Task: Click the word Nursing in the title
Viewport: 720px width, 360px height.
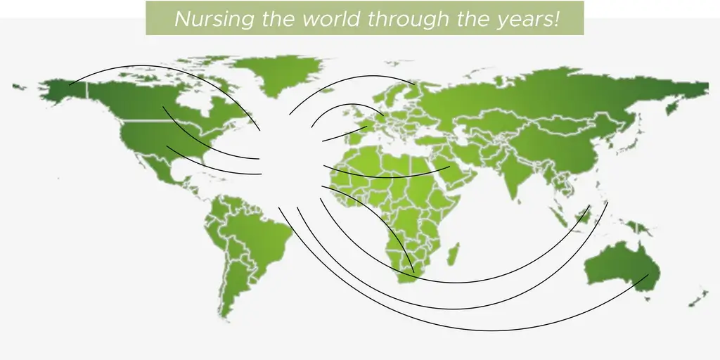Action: point(214,19)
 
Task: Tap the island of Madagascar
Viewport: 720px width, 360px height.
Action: point(453,254)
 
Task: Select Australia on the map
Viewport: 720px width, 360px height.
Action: point(623,267)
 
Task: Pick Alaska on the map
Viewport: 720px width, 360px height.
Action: point(64,90)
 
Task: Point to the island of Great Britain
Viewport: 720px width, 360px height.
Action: point(356,115)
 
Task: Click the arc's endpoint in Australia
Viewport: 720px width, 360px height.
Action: point(648,275)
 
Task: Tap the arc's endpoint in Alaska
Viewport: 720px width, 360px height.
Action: point(70,85)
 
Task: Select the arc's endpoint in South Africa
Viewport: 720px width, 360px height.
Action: point(414,272)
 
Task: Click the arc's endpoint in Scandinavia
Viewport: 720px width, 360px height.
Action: point(415,85)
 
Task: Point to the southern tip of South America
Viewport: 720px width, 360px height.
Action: point(224,317)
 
